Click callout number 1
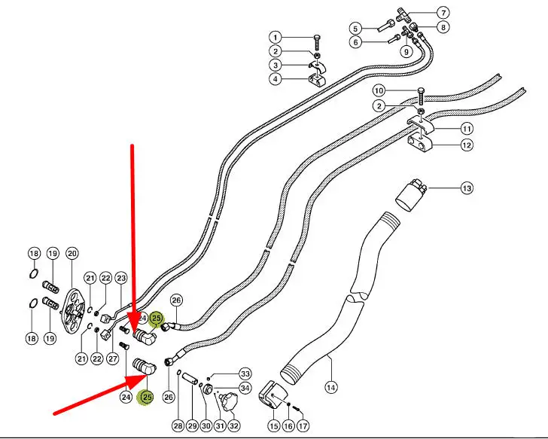(x=276, y=38)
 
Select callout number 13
(x=467, y=188)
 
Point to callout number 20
(x=72, y=253)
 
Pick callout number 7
(x=443, y=12)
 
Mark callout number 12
(x=467, y=145)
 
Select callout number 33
(x=245, y=373)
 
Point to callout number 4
(x=276, y=78)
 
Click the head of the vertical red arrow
(x=136, y=329)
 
